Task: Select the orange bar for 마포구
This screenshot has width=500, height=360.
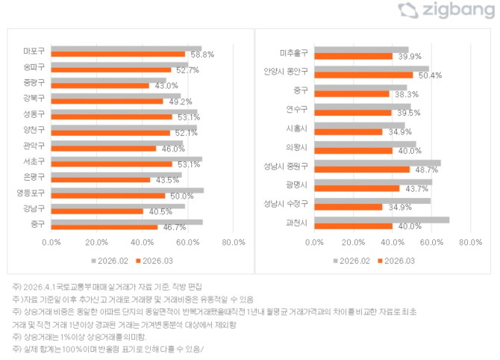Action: pos(118,55)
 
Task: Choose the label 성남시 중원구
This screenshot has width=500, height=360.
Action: pos(285,165)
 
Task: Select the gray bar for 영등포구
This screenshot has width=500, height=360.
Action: pos(128,190)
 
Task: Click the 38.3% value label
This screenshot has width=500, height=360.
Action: pos(407,94)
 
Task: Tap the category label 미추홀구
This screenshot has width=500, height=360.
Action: pos(294,52)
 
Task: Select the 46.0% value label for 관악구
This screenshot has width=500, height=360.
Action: pos(173,149)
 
